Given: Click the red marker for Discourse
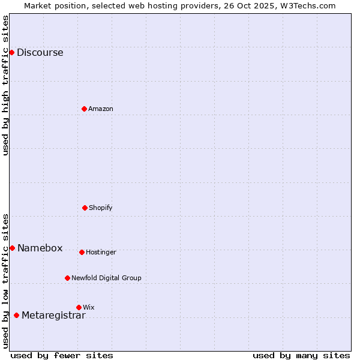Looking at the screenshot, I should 11,52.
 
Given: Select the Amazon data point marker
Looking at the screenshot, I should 84,109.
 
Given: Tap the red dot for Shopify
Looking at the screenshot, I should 85,208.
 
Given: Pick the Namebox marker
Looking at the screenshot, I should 12,248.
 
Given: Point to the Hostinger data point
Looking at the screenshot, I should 82,252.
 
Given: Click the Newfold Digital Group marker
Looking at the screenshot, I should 67,278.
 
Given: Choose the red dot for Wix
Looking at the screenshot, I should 79,307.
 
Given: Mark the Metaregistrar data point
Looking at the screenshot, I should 16,315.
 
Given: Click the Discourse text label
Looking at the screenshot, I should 40,52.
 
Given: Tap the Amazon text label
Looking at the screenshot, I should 101,109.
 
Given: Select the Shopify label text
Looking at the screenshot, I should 101,208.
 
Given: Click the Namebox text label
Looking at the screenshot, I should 40,248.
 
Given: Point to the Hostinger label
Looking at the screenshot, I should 101,252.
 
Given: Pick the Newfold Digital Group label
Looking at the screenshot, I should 106,278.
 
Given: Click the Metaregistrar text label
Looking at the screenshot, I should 53,316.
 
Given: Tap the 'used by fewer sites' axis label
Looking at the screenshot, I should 62,355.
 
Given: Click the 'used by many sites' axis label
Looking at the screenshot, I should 301,355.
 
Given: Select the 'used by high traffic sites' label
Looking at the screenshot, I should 5,85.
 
